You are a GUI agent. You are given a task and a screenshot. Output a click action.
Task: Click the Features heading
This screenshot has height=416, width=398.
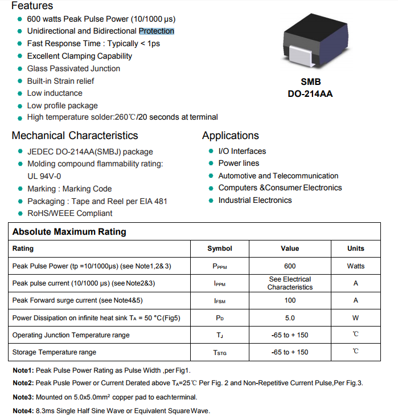32,6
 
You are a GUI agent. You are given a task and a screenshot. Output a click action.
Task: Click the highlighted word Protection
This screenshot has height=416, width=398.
157,31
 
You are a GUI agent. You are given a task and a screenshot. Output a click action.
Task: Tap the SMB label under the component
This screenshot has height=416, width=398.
311,81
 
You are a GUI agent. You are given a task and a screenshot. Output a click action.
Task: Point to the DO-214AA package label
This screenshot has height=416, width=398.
310,94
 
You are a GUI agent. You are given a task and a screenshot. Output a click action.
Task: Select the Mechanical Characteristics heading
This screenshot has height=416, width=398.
75,136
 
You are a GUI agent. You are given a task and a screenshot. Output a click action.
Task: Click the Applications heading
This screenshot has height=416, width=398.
230,136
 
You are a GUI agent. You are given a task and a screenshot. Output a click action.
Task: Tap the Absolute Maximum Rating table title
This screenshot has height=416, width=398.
69,232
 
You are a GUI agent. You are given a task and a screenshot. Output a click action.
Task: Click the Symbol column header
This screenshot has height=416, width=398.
220,248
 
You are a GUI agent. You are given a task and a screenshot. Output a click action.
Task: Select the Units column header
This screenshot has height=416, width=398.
356,248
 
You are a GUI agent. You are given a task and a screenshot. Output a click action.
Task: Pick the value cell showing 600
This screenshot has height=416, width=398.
290,266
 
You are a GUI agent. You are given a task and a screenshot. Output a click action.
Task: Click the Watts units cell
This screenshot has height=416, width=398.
356,266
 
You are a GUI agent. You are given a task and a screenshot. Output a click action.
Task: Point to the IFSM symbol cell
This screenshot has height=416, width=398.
220,301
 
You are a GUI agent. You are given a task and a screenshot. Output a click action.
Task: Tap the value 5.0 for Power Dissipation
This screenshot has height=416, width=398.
290,318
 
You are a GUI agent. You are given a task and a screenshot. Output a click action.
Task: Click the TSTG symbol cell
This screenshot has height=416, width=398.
220,353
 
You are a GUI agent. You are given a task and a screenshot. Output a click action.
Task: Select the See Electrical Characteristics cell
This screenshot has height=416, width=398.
290,283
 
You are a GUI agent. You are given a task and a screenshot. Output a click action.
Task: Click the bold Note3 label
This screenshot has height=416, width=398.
23,397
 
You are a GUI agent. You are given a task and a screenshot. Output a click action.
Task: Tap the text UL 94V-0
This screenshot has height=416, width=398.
44,176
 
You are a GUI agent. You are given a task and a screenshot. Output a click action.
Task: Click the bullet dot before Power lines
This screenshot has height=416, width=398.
212,164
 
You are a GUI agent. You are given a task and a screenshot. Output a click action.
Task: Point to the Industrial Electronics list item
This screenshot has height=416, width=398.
255,200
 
